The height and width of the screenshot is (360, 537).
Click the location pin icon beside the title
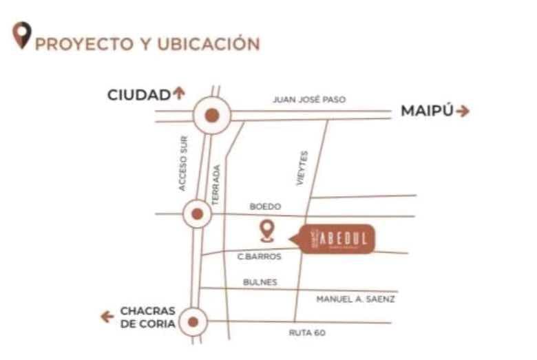click(23, 35)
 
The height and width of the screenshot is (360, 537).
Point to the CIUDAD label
click(138, 96)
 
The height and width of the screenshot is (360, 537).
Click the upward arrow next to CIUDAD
click(180, 94)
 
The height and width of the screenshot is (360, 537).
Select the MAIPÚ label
click(427, 111)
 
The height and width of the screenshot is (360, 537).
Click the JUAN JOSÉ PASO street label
click(309, 100)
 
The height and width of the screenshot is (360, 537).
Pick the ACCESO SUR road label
click(182, 162)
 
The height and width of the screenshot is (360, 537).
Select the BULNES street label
click(260, 282)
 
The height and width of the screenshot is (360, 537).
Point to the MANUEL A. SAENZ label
click(355, 299)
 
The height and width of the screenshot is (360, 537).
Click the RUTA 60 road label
click(306, 333)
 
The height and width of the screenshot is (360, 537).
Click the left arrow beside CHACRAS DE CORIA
click(107, 317)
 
